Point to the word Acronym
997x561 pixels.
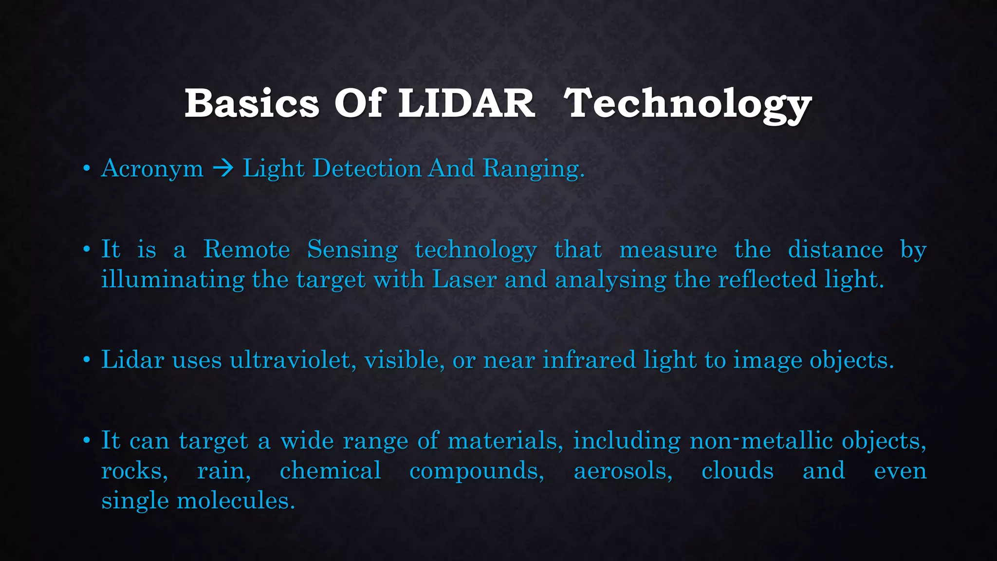pos(152,169)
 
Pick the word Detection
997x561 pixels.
pos(367,168)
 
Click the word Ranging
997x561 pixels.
pos(533,169)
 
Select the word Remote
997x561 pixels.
pos(246,249)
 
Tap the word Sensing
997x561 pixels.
pos(352,250)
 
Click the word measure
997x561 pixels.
pos(668,250)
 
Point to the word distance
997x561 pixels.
pos(835,249)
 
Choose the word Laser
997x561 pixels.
pos(464,280)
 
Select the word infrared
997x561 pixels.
pos(589,360)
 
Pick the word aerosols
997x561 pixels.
pos(623,471)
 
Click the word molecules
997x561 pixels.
pos(236,501)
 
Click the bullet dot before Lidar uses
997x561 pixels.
pos(87,360)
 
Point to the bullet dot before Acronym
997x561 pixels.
pos(87,169)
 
